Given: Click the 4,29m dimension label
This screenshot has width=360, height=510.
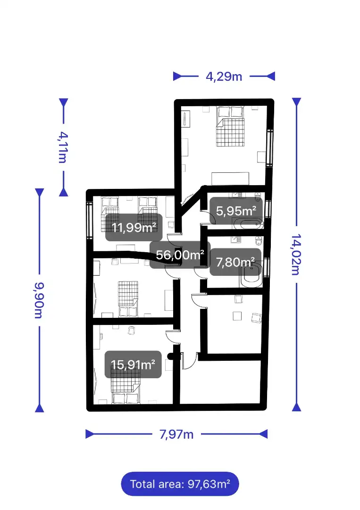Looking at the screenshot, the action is pyautogui.click(x=224, y=77).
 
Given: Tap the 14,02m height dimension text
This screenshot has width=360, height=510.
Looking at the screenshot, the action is pyautogui.click(x=296, y=255).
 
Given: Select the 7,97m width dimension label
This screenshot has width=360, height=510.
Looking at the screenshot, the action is pyautogui.click(x=176, y=434).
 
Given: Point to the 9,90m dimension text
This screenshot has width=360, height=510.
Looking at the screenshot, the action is pyautogui.click(x=39, y=300).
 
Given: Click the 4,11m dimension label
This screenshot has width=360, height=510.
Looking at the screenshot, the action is pyautogui.click(x=63, y=147).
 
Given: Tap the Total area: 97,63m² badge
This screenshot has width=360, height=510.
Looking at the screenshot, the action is pyautogui.click(x=180, y=484).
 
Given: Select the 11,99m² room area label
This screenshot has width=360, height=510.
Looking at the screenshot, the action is pyautogui.click(x=134, y=227).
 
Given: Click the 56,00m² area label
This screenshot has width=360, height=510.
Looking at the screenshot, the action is pyautogui.click(x=180, y=255).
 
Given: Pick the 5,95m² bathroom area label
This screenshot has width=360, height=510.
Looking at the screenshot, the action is pyautogui.click(x=236, y=211).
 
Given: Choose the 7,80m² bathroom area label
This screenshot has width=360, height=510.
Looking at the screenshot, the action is pyautogui.click(x=235, y=262).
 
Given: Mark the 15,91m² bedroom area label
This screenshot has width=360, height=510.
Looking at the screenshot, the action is pyautogui.click(x=133, y=364).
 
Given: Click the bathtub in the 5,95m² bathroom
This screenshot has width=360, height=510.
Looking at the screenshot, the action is pyautogui.click(x=248, y=224).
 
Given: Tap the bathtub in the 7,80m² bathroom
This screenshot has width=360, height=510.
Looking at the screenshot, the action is pyautogui.click(x=251, y=275).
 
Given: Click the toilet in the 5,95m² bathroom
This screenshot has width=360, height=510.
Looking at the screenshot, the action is pyautogui.click(x=258, y=197).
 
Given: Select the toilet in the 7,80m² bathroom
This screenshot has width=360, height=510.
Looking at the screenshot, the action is pyautogui.click(x=258, y=241).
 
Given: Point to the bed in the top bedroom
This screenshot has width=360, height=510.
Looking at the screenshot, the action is pyautogui.click(x=230, y=127).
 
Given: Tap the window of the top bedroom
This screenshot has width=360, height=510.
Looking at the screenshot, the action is pyautogui.click(x=270, y=148).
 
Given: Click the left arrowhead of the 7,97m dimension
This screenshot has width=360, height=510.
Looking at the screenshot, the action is pyautogui.click(x=90, y=434).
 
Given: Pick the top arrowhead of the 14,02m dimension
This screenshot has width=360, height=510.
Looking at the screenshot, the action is pyautogui.click(x=296, y=102).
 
